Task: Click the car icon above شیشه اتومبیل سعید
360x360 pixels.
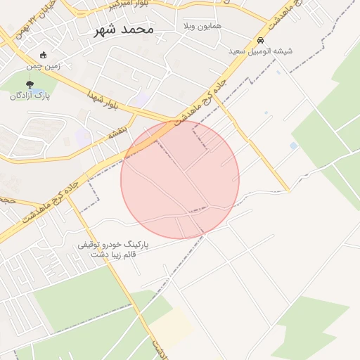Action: pos(261,41)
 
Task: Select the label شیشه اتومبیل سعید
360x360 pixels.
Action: pos(260,51)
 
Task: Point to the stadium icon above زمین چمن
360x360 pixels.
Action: pos(44,55)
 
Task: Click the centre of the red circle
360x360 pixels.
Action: pos(180,179)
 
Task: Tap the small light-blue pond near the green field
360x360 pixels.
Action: pos(293,146)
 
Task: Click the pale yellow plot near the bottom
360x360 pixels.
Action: pos(171,326)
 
